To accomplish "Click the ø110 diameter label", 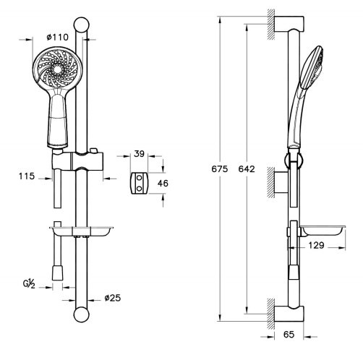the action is [x=58, y=37].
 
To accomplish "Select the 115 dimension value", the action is [x=27, y=176].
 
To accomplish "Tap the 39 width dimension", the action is [x=139, y=154].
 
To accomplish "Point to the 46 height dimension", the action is [x=163, y=184].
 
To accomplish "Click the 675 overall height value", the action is [x=220, y=169].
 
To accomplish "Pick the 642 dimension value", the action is [x=247, y=169].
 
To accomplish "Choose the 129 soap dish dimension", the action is [x=316, y=245].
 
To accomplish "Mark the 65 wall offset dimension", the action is [x=289, y=335].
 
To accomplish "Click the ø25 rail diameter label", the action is [x=113, y=298].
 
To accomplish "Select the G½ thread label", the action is [x=29, y=284].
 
